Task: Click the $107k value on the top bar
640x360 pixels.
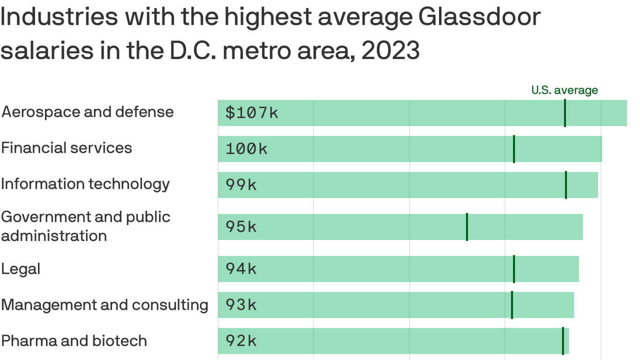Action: coord(252,113)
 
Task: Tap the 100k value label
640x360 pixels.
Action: coord(246,149)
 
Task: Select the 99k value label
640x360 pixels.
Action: coord(241,185)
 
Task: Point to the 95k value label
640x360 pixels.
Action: coord(241,227)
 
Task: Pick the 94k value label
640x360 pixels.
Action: coord(241,269)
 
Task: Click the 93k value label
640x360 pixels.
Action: coord(241,305)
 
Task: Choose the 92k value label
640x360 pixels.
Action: coord(241,341)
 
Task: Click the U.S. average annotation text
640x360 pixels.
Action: coord(565,90)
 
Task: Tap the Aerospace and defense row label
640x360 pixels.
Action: coord(87,112)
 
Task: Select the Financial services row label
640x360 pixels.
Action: coord(67,148)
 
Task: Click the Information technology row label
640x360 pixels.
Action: coord(85,184)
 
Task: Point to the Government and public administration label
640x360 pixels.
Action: coord(85,226)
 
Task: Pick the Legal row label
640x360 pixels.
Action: coord(21,269)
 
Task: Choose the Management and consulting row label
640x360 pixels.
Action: coord(104,305)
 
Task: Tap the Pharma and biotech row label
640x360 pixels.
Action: coord(74,341)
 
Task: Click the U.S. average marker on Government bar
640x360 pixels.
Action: coord(467,227)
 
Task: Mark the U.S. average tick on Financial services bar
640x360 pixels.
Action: coord(514,149)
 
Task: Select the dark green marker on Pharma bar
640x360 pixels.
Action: coord(563,341)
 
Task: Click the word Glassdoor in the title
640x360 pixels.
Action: coord(479,17)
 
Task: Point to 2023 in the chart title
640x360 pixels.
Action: coord(390,51)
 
